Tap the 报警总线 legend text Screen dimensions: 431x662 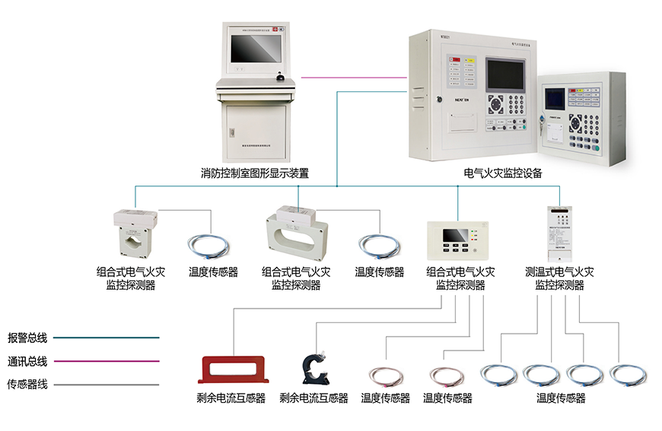(27, 337)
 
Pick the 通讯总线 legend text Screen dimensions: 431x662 (27, 361)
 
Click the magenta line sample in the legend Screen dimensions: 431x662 (115, 361)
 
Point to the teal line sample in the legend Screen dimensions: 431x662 (115, 337)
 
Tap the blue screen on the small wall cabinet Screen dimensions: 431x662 (555, 98)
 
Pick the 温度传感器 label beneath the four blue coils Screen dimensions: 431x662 (561, 398)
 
